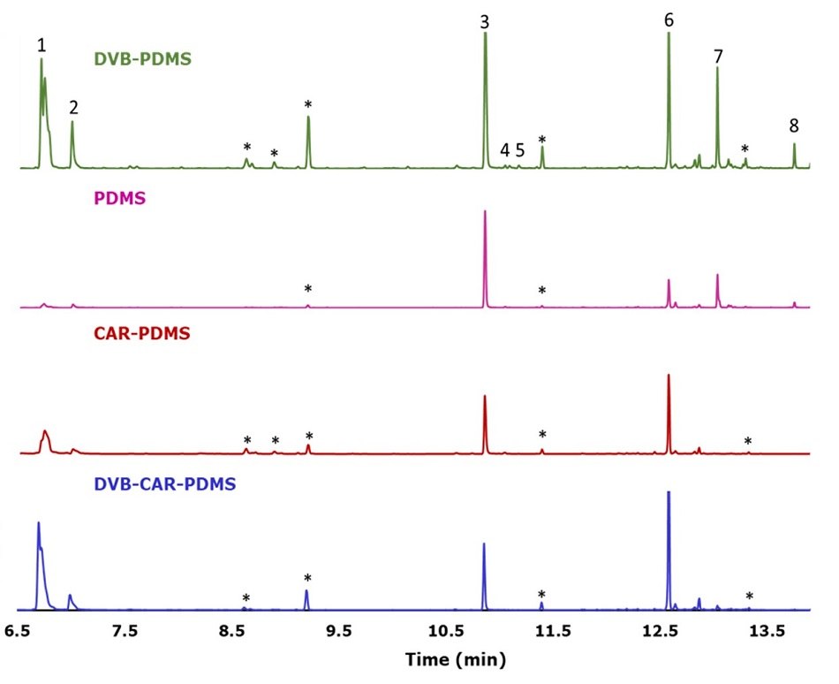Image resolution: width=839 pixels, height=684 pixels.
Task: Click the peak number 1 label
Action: click(x=42, y=44)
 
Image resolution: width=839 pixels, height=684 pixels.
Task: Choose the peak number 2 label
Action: click(x=74, y=108)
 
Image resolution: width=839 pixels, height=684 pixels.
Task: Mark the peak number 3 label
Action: click(x=485, y=22)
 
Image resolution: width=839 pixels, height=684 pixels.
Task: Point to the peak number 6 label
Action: click(x=669, y=19)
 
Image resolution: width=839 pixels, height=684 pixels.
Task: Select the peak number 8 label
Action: click(x=795, y=126)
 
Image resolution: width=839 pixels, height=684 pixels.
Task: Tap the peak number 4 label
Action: click(x=505, y=150)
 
